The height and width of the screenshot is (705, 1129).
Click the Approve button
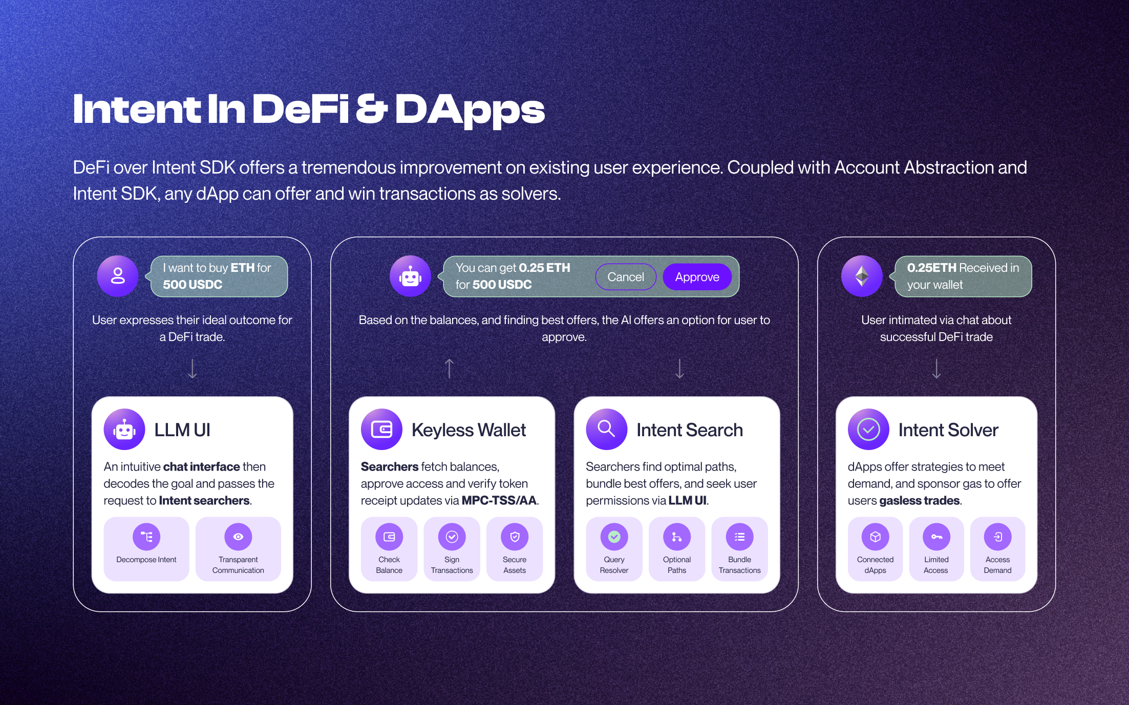[x=697, y=277]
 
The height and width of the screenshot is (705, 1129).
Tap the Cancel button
[x=625, y=277]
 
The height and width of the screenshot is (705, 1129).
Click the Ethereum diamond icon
[x=862, y=276]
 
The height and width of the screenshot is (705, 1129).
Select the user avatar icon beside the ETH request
[x=118, y=276]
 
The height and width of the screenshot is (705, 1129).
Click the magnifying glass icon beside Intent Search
[x=606, y=429]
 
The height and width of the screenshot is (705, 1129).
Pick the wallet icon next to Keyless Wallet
[x=381, y=429]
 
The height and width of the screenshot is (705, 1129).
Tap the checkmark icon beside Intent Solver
[x=868, y=429]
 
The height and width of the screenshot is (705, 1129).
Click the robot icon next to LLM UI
[x=124, y=429]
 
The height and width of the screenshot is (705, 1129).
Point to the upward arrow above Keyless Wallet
[x=449, y=368]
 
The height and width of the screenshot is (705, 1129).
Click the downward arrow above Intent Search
[x=679, y=368]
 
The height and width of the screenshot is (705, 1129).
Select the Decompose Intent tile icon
[x=146, y=537]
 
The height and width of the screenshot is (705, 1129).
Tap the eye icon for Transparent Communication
[x=238, y=537]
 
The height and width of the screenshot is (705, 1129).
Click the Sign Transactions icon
[x=452, y=537]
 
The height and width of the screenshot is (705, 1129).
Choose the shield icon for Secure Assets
[x=515, y=537]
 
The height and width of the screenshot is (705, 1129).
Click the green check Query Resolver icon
[x=614, y=537]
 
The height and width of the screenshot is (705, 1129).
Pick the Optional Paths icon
[x=677, y=537]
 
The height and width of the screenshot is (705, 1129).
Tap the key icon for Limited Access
[x=936, y=537]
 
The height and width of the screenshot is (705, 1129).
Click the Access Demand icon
[x=998, y=537]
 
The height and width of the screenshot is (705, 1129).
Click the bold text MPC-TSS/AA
[x=499, y=500]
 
